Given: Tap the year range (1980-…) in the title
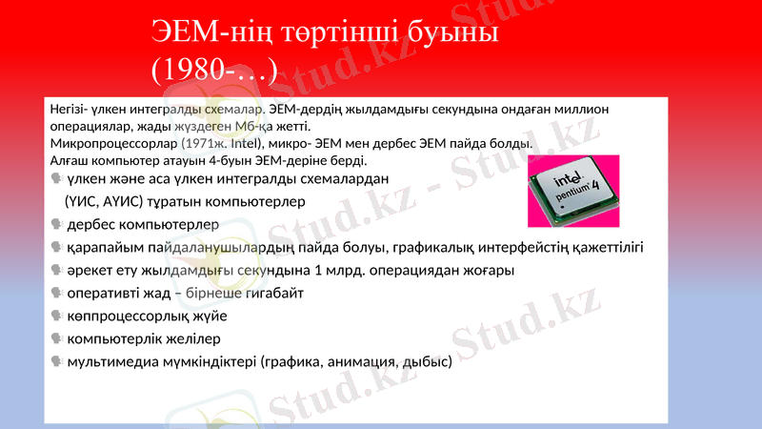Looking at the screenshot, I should (x=214, y=70).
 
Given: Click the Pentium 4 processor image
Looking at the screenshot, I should (x=573, y=191).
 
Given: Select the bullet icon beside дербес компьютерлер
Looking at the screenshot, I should (x=57, y=225).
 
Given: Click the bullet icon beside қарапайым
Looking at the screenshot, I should (x=57, y=248).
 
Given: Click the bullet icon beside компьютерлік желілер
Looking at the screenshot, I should (x=57, y=339).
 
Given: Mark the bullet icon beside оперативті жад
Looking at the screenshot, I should (x=57, y=294).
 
